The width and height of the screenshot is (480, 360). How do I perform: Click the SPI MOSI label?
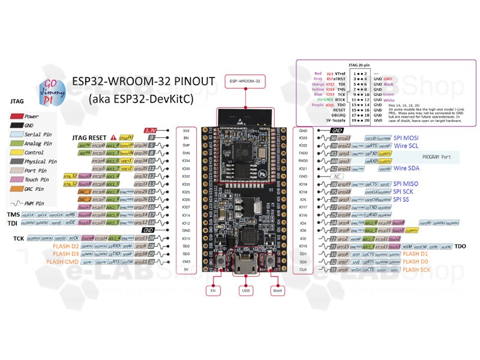tap(408, 138)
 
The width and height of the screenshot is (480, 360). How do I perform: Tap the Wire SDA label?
tap(407, 169)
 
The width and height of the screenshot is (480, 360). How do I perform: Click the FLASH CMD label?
tap(63, 262)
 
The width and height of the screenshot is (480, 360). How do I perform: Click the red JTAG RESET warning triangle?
tap(113, 137)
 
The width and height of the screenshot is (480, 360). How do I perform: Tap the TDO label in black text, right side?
tap(461, 246)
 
